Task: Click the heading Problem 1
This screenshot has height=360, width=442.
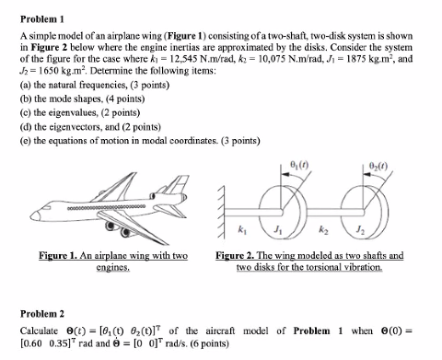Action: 41,17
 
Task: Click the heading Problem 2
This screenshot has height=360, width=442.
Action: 41,311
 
